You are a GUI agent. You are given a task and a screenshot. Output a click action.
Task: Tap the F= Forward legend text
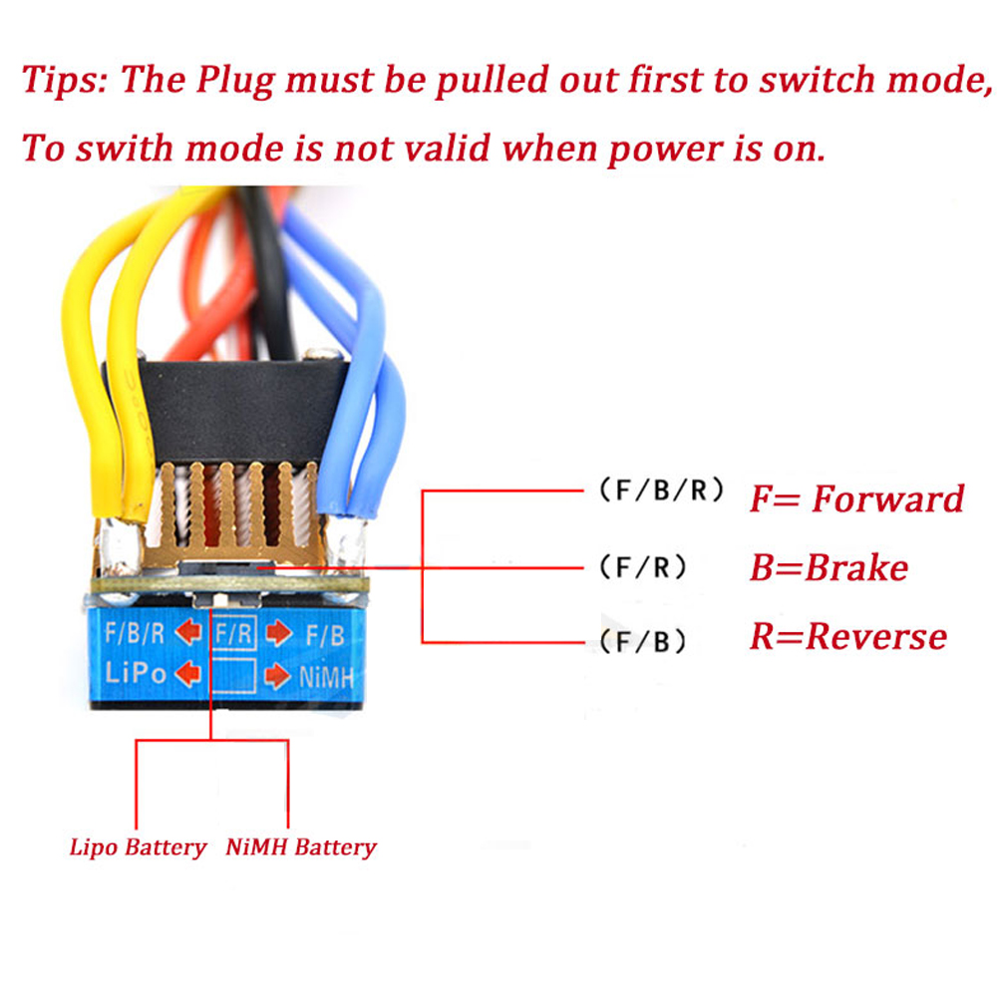[856, 498]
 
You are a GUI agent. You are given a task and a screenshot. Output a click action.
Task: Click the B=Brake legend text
[829, 567]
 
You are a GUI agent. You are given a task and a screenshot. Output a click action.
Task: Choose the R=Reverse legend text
[847, 636]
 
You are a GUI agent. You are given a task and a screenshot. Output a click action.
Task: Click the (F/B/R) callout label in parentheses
[661, 492]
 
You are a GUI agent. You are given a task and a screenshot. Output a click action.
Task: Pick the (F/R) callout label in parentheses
[644, 568]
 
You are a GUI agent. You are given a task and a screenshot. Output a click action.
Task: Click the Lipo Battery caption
[138, 848]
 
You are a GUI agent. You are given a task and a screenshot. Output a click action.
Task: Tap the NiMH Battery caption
[301, 848]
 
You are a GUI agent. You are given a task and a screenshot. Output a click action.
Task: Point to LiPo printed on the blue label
[136, 673]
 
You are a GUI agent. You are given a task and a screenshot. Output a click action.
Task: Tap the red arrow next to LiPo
[187, 675]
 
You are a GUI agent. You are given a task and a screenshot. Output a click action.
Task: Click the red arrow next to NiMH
[277, 678]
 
